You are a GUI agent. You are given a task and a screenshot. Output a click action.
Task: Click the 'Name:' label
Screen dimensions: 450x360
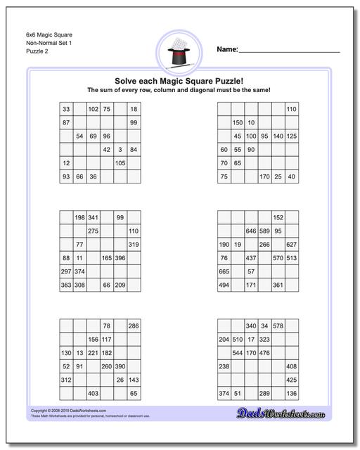226,49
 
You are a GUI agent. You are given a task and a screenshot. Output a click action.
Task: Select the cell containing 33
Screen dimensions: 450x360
66,109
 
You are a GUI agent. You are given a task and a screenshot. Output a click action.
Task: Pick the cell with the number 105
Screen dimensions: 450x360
120,163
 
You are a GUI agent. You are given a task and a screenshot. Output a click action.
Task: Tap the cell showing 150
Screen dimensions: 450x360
238,122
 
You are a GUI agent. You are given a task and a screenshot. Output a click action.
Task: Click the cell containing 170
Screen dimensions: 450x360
264,176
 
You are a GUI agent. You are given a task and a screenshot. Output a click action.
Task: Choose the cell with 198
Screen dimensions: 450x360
79,217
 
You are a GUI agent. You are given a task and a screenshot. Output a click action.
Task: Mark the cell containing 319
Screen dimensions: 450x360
133,245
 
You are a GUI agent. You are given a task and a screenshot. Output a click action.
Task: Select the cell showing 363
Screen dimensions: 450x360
66,285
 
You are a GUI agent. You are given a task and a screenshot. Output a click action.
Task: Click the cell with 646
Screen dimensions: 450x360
251,231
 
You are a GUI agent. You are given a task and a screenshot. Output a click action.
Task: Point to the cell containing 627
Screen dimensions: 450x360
291,245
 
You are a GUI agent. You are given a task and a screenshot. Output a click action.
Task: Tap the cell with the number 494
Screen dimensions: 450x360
224,285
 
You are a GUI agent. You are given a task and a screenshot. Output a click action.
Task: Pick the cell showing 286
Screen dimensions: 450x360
133,326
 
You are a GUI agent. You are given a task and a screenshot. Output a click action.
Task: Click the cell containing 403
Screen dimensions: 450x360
93,393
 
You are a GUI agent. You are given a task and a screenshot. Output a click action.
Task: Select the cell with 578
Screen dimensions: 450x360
278,326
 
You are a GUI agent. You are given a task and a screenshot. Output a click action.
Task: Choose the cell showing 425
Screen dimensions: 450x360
291,380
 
